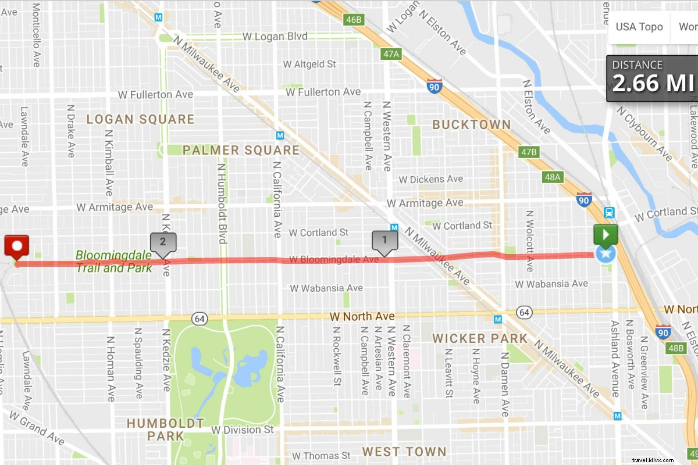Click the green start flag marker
click(605, 235)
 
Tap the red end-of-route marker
click(16, 245)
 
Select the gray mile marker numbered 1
click(384, 240)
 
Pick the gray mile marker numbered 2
click(163, 242)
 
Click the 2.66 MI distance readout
click(653, 83)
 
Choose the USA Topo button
click(639, 27)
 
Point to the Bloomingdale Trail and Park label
click(114, 261)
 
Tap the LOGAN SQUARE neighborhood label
click(140, 119)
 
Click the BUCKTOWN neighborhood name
click(471, 124)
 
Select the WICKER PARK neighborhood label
click(480, 338)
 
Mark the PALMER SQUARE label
click(241, 150)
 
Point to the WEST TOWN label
click(404, 451)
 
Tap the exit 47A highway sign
click(391, 54)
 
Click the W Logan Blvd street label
click(275, 37)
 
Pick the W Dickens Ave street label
click(432, 179)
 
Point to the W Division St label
click(242, 430)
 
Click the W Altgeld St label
click(309, 64)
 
